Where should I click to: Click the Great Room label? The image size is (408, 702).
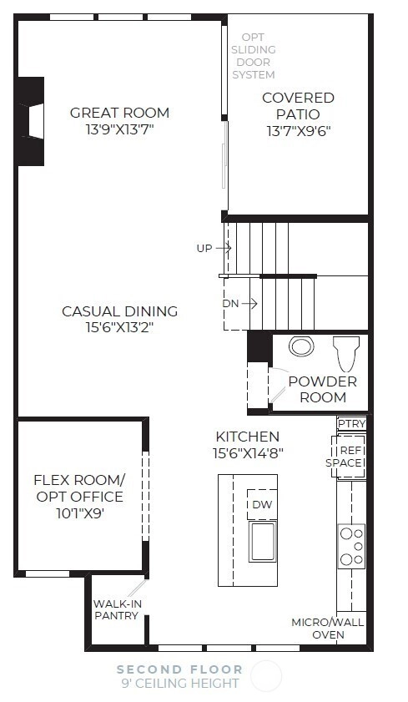click(120, 113)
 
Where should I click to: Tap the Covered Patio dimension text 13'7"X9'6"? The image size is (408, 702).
click(299, 131)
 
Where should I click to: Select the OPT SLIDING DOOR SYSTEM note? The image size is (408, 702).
click(253, 56)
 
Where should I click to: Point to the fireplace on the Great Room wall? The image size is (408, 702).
click(32, 121)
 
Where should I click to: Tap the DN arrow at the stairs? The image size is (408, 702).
click(249, 304)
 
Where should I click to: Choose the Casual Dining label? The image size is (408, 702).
click(120, 311)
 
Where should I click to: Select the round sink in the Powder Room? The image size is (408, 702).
click(301, 346)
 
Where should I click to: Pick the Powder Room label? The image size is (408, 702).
click(323, 390)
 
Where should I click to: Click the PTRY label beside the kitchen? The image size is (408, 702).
click(351, 423)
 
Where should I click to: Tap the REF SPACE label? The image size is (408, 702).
click(344, 457)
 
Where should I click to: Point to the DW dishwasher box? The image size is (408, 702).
click(262, 504)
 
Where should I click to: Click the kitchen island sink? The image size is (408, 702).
click(263, 542)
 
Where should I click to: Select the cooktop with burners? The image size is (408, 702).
click(351, 546)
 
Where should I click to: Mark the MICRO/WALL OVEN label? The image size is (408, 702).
click(327, 629)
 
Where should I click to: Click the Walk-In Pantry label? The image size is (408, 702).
click(116, 610)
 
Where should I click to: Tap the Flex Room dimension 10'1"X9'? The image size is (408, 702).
click(80, 513)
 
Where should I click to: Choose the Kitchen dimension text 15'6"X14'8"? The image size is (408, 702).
click(248, 453)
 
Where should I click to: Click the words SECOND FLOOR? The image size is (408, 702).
click(179, 669)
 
